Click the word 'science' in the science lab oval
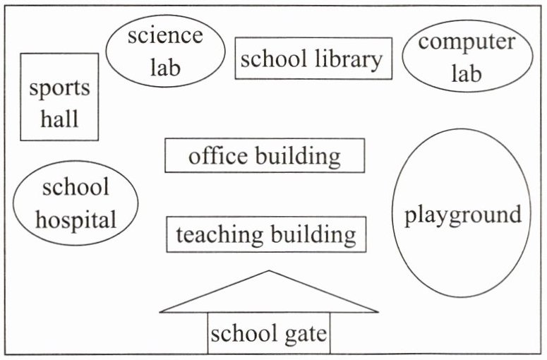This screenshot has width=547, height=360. click(164, 35)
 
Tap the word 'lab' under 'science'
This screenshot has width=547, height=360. click(164, 67)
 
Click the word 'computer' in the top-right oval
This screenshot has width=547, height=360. click(467, 42)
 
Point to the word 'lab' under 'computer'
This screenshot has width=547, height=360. click(466, 73)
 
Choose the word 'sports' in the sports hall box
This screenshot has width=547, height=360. click(59, 88)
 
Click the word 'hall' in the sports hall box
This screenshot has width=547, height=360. click(59, 118)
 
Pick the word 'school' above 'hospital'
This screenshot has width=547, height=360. click(76, 187)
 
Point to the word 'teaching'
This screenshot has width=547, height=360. click(219, 234)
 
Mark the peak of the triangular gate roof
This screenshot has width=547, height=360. click(269, 271)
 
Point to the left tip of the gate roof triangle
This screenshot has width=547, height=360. click(162, 311)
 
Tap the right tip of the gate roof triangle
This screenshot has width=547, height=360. click(377, 311)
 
